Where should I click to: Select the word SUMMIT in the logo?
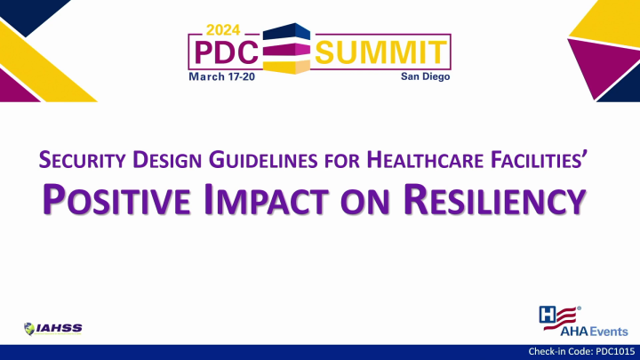point(380,52)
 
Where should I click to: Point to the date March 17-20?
point(224,78)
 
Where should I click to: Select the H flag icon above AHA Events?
point(557,313)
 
